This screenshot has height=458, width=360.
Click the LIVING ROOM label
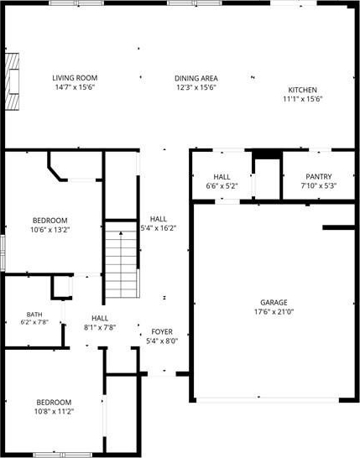[x=75, y=78]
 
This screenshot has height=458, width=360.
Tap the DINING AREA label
[x=196, y=78]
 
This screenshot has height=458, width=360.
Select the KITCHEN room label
[x=302, y=90]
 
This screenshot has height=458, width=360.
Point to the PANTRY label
[x=319, y=177]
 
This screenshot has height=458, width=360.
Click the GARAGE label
[x=274, y=303]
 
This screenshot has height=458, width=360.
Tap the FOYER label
[x=162, y=332]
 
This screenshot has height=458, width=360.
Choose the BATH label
[x=34, y=315]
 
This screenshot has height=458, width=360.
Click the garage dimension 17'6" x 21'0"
[x=274, y=312]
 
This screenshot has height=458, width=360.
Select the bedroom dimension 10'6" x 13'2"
[x=50, y=230]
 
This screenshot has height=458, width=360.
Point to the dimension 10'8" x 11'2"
[x=54, y=411]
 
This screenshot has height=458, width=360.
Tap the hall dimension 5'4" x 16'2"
[x=159, y=228]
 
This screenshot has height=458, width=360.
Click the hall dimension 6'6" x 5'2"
[x=222, y=185]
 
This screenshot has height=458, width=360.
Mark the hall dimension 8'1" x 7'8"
[x=100, y=327]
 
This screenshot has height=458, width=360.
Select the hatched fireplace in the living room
[x=12, y=81]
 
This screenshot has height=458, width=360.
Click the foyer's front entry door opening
[x=162, y=373]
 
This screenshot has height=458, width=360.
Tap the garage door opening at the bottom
[x=268, y=400]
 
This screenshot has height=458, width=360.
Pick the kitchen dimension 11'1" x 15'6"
[x=302, y=99]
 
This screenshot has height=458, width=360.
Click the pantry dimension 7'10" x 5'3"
[x=319, y=185]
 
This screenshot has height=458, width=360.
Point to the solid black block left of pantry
[x=267, y=154]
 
